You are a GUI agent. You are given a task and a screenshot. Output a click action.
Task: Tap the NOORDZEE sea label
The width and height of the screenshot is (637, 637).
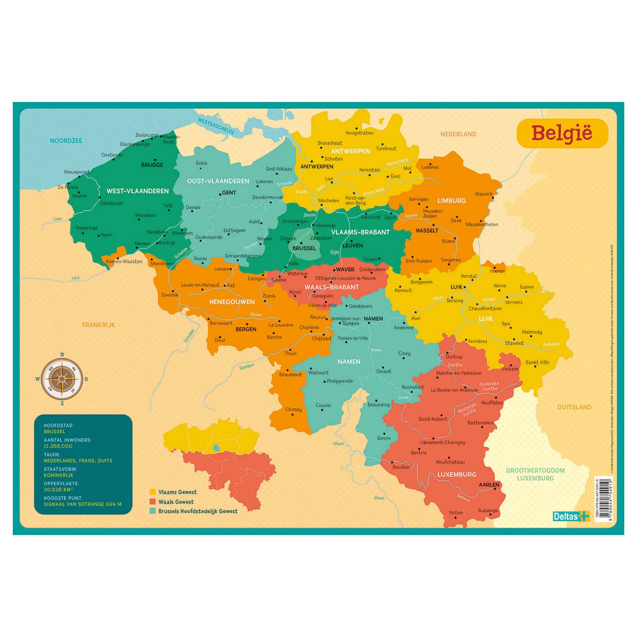[x=66, y=141]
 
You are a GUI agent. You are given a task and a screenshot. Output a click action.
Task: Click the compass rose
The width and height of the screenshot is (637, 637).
[x=62, y=379]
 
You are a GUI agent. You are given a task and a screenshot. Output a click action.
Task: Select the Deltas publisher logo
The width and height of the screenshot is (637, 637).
[x=571, y=516]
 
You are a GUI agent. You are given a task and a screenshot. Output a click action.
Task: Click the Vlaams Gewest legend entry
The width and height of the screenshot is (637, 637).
[x=177, y=492]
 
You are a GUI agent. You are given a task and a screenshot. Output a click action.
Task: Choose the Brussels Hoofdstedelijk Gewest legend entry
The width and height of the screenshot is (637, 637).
[x=197, y=511]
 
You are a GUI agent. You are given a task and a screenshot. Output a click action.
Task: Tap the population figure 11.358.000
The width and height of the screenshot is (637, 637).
[x=58, y=446]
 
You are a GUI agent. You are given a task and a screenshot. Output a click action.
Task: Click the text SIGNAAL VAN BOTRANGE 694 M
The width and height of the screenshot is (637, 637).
[x=82, y=505]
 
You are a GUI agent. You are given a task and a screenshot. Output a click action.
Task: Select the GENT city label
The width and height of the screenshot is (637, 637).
[x=229, y=192]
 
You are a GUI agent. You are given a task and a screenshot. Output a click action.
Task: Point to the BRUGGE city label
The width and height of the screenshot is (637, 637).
[x=152, y=165]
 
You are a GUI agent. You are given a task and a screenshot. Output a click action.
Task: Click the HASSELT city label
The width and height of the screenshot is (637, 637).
[x=427, y=231]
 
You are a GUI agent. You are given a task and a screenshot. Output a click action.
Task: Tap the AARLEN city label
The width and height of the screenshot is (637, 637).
[x=489, y=485]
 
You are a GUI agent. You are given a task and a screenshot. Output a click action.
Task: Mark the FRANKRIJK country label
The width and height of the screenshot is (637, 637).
[x=99, y=325]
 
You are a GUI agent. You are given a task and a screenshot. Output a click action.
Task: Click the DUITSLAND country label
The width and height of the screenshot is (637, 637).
[x=574, y=407]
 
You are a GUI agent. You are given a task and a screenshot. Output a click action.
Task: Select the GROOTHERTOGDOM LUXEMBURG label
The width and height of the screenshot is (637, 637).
[x=535, y=474]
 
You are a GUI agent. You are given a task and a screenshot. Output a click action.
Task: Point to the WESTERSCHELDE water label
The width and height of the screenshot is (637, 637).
[x=216, y=126]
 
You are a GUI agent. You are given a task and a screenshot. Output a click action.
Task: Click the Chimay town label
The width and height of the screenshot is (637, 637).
[x=293, y=409]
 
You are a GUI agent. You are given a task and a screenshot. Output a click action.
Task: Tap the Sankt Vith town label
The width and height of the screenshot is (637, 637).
[x=537, y=362]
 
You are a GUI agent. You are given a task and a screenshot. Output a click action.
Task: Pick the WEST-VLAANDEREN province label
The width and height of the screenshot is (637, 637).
[x=138, y=191]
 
